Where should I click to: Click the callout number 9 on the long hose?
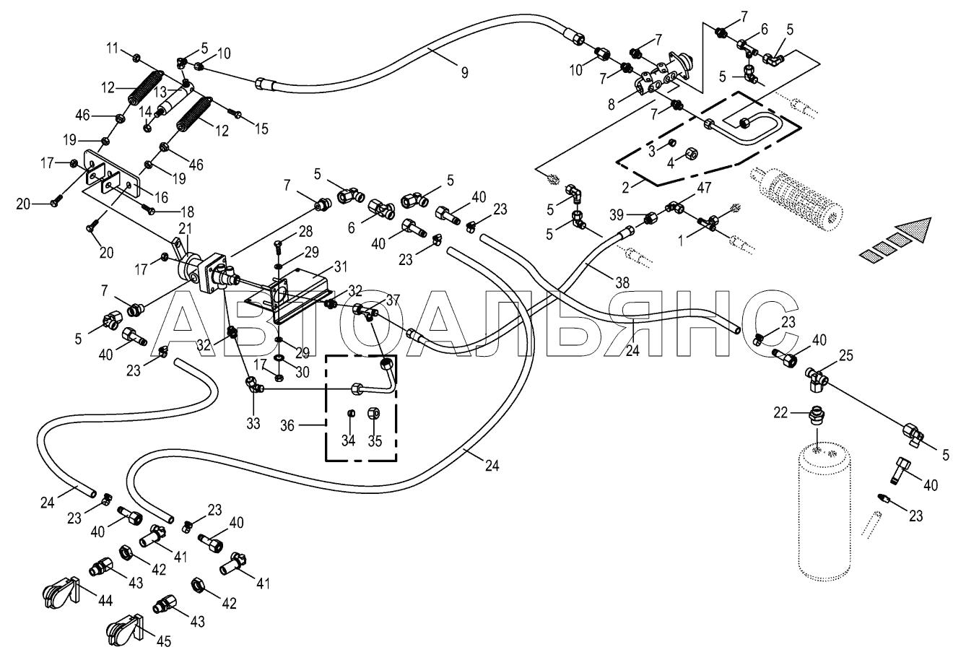[464, 72]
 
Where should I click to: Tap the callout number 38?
[622, 282]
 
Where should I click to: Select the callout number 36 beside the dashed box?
[287, 426]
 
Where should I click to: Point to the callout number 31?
[341, 266]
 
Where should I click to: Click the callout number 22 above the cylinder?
[780, 413]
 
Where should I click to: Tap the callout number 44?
[105, 601]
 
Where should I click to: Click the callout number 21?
[185, 229]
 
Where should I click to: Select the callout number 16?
[161, 198]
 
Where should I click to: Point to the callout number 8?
[611, 105]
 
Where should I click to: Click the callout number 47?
[704, 188]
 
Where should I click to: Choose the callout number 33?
[253, 423]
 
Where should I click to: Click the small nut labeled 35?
[373, 413]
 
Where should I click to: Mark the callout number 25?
[846, 355]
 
